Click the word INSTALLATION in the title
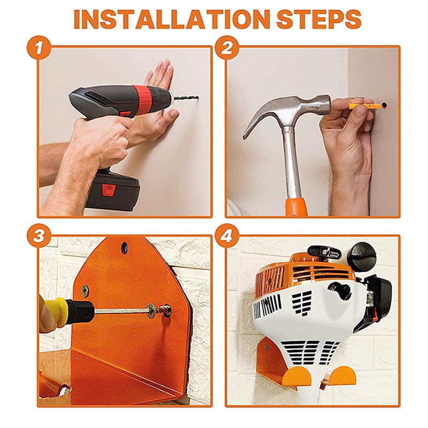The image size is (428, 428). coord(172,19)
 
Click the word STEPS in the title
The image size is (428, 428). coord(319,19)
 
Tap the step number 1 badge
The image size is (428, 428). coord(39,48)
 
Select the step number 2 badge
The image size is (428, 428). coord(227,48)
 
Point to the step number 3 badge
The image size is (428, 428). coord(39,235)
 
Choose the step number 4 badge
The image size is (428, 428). coord(227,235)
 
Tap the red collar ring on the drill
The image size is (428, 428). coord(142,97)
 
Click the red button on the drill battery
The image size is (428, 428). coord(108,190)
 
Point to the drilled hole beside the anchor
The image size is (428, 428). coord(385,104)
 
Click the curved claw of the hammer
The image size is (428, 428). coord(262,114)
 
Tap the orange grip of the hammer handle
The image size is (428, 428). coord(296,208)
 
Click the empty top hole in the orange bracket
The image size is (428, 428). coord(124,247)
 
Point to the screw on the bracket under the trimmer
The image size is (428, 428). coord(266,347)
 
